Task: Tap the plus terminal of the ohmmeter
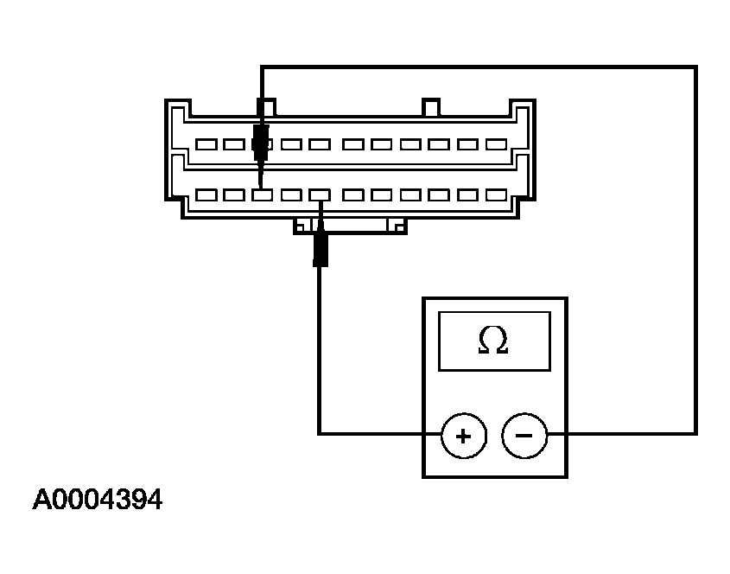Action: tap(463, 434)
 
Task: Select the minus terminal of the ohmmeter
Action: tap(524, 434)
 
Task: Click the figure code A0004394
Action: tap(98, 501)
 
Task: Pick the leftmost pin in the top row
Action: tap(206, 144)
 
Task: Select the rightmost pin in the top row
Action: tap(496, 144)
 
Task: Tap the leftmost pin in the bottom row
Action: tap(206, 195)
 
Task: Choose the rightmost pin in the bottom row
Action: tap(496, 195)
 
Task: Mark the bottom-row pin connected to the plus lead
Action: tap(321, 195)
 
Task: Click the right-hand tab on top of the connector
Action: tap(430, 107)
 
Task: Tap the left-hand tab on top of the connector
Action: tap(268, 107)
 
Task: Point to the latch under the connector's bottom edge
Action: tap(350, 226)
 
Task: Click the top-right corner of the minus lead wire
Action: tap(695, 67)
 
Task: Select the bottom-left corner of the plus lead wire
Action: tap(320, 433)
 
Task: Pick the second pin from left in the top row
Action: tap(234, 144)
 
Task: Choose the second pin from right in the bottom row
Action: tap(467, 195)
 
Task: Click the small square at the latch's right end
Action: tap(397, 227)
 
